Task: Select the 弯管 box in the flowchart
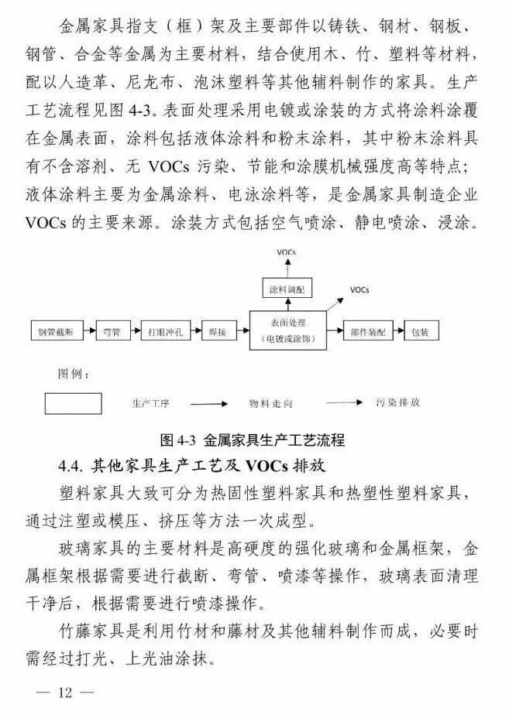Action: pyautogui.click(x=112, y=332)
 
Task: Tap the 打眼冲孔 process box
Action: pyautogui.click(x=164, y=332)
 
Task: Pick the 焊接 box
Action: pyautogui.click(x=217, y=332)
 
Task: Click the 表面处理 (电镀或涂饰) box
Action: pyautogui.click(x=287, y=331)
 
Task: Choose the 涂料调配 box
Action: pyautogui.click(x=286, y=289)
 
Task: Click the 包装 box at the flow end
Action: pyautogui.click(x=419, y=332)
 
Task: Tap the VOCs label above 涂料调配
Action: pyautogui.click(x=286, y=253)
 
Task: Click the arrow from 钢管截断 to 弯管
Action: pyautogui.click(x=87, y=332)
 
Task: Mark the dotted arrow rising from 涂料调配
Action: pyautogui.click(x=286, y=269)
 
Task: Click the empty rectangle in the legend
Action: pyautogui.click(x=73, y=403)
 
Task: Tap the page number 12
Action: pyautogui.click(x=64, y=693)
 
